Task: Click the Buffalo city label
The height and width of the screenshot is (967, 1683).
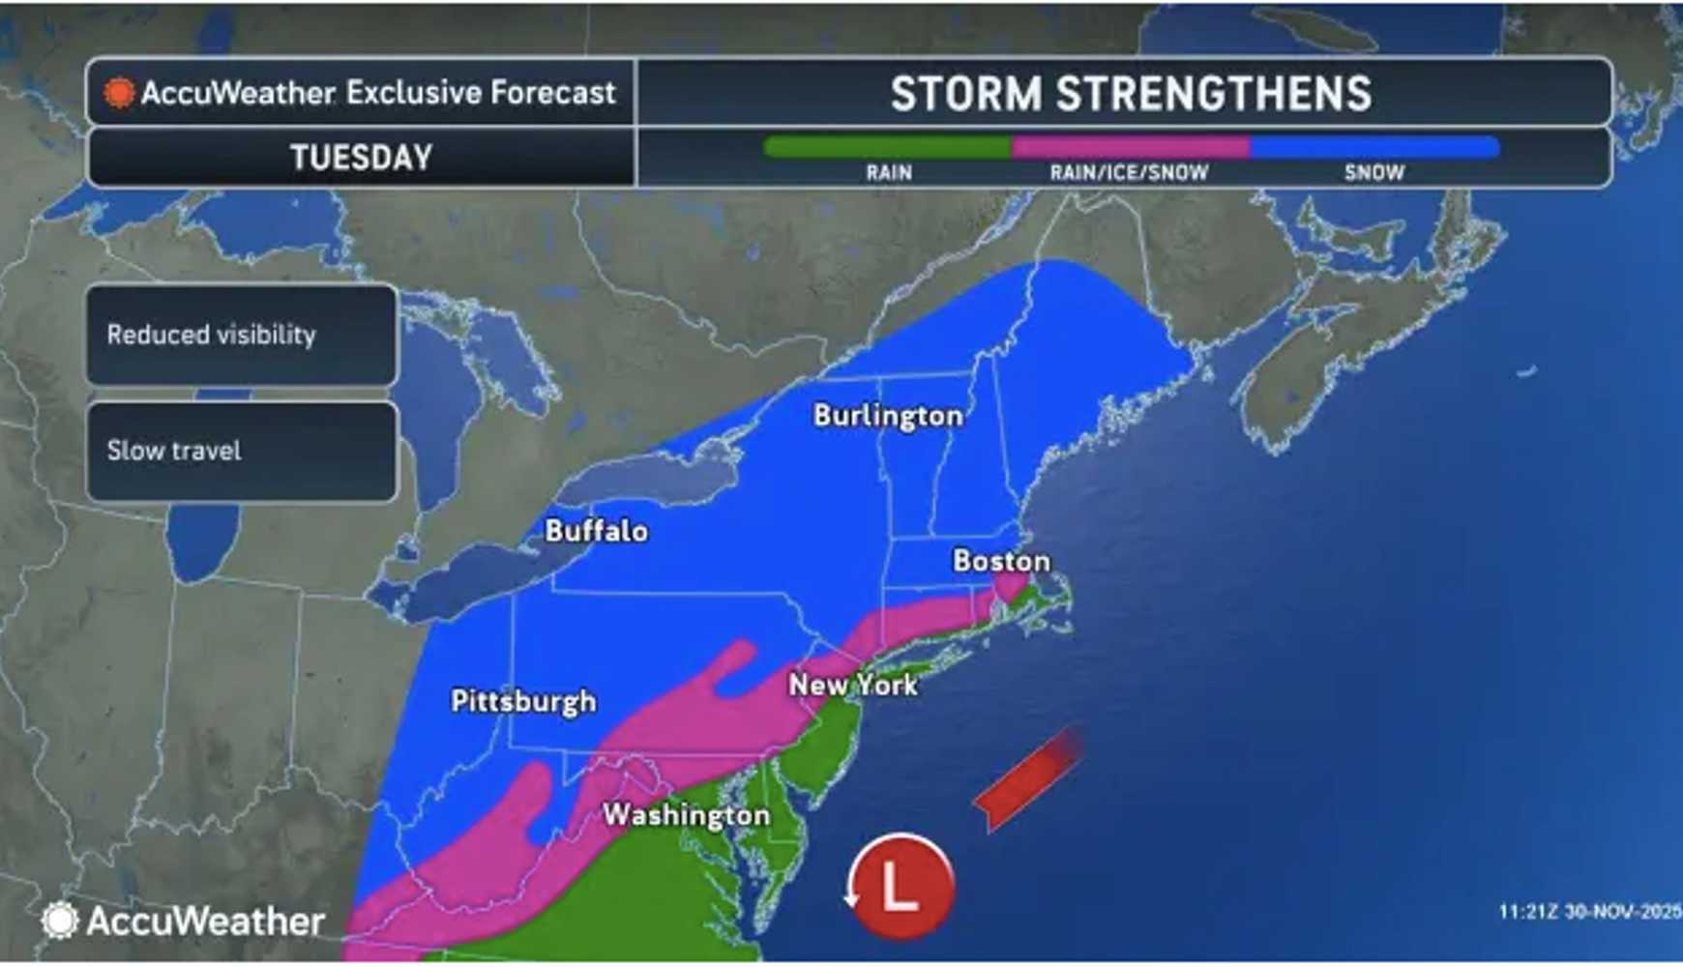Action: pos(596,531)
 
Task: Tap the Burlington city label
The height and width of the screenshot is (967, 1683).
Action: pos(888,416)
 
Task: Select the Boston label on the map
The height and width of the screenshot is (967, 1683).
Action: pos(1001,561)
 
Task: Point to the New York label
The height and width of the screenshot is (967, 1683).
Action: pos(853,685)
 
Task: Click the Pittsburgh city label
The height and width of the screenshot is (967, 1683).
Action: pos(523,701)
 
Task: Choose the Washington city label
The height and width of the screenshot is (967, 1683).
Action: pos(687,815)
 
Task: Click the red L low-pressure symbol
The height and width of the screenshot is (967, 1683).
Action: pos(901,886)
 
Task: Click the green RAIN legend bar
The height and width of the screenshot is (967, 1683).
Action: pos(887,148)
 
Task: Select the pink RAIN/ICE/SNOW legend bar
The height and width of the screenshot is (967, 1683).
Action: pos(1130,148)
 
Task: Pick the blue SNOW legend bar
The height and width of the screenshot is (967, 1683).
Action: pos(1374,148)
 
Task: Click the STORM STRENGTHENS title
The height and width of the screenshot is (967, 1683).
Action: pos(1130,94)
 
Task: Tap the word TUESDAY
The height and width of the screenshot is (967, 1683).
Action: pos(361,158)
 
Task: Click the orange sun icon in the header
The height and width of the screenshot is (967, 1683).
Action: pos(119,93)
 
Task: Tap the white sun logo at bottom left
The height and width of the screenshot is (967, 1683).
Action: pos(60,921)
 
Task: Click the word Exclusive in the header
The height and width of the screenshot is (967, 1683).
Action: pos(414,93)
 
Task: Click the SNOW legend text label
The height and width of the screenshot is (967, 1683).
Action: pos(1373,173)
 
